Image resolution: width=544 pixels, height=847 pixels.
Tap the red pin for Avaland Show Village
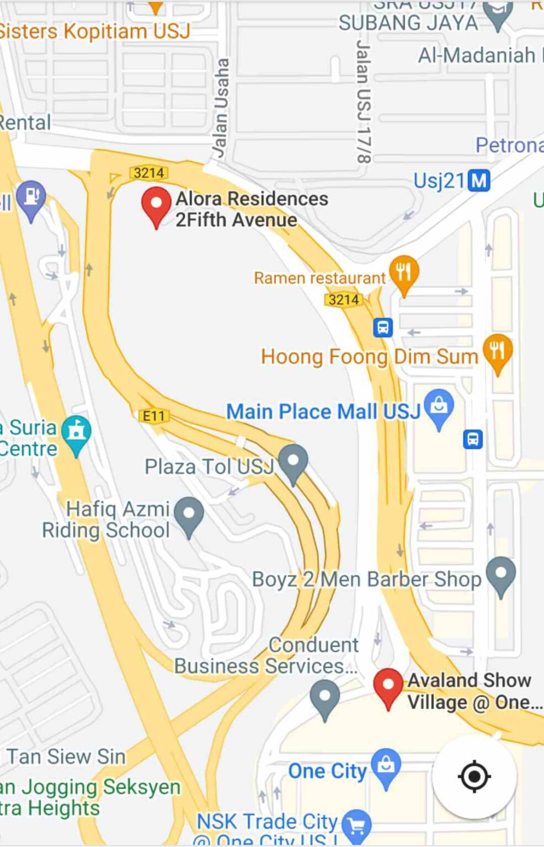click(388, 686)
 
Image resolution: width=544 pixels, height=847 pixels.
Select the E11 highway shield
click(153, 416)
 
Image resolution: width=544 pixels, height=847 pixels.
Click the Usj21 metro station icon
click(478, 180)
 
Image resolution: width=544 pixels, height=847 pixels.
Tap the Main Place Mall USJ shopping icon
click(439, 407)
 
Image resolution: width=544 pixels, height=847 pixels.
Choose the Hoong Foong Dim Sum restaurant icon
click(497, 351)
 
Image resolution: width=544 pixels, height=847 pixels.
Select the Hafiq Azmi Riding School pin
click(189, 515)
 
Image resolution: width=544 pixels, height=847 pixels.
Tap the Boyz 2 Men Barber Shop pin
click(501, 574)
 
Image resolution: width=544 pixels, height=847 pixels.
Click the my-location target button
click(474, 776)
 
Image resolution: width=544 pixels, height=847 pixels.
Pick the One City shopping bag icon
click(386, 765)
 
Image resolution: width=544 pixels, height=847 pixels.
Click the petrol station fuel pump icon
click(31, 197)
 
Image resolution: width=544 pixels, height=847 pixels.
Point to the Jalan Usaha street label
click(221, 108)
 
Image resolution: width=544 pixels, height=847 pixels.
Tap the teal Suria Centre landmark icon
click(76, 432)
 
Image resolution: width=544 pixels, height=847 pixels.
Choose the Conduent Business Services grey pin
click(325, 696)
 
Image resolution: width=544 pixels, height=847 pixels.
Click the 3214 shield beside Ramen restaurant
click(343, 299)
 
